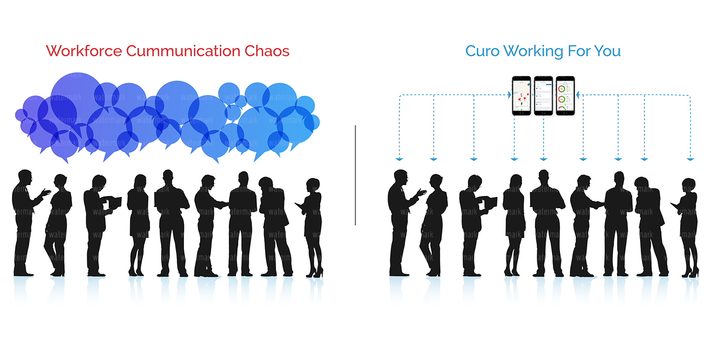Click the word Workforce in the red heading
pyautogui.click(x=84, y=51)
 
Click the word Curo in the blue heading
pyautogui.click(x=482, y=51)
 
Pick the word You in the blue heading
pyautogui.click(x=607, y=51)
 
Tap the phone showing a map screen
pyautogui.click(x=521, y=95)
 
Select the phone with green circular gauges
pyautogui.click(x=565, y=95)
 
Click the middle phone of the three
pyautogui.click(x=543, y=95)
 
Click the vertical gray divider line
pyautogui.click(x=356, y=175)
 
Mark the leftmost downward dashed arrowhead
pyautogui.click(x=399, y=158)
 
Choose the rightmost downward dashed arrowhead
pyautogui.click(x=690, y=158)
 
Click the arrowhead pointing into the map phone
pyautogui.click(x=509, y=95)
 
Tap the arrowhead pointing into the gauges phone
pyautogui.click(x=578, y=95)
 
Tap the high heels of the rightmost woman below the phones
pyautogui.click(x=691, y=273)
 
